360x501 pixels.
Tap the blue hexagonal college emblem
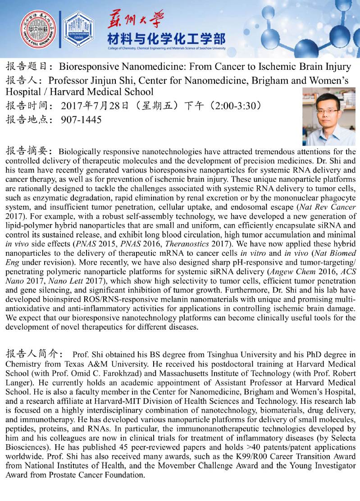(78, 30)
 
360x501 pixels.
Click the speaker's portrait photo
(328, 116)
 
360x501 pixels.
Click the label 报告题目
(27, 67)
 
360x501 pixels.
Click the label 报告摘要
(27, 151)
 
